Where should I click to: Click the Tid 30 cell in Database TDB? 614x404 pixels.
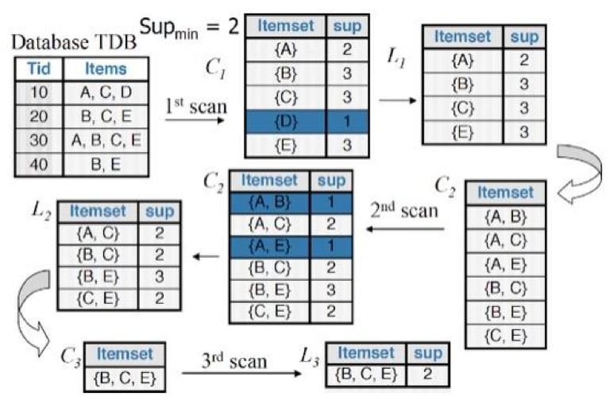[x=39, y=141]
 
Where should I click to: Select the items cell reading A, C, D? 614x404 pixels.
[x=106, y=92]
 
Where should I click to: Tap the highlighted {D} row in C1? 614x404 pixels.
[x=307, y=122]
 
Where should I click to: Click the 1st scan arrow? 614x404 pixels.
[x=195, y=119]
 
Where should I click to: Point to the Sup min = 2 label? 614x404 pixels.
[x=189, y=29]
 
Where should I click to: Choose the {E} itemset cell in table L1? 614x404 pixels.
[x=462, y=133]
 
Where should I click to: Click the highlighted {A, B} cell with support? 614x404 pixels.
[x=291, y=202]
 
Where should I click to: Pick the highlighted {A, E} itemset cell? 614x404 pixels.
[x=270, y=247]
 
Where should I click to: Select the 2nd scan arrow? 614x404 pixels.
[x=405, y=229]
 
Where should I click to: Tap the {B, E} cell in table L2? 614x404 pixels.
[x=98, y=277]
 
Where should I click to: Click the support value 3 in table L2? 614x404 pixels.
[x=160, y=277]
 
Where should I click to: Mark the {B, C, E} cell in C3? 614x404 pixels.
[x=125, y=379]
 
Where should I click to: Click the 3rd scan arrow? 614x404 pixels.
[x=241, y=373]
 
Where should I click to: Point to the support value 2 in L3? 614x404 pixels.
[x=428, y=375]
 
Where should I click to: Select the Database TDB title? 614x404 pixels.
[x=74, y=42]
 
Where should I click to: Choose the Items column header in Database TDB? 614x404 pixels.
[x=106, y=69]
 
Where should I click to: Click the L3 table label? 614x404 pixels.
[x=309, y=357]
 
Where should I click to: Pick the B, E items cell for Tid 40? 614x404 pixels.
[x=106, y=165]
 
